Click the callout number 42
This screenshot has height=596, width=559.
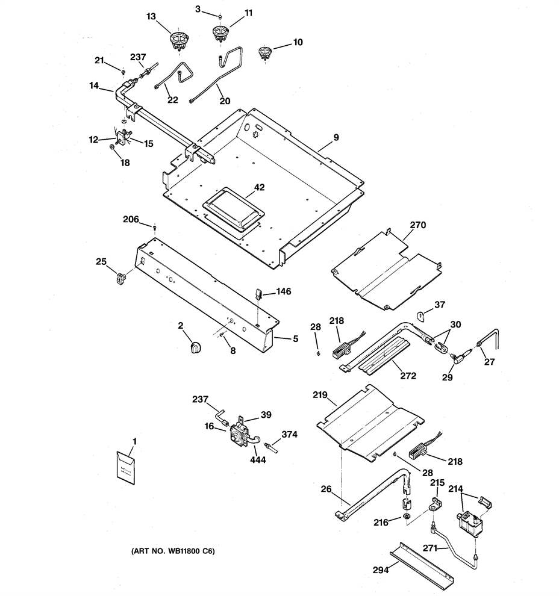click(x=260, y=187)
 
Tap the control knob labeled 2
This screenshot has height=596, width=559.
click(x=195, y=347)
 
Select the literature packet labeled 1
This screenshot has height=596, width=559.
click(x=126, y=468)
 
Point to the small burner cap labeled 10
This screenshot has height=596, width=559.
click(x=264, y=52)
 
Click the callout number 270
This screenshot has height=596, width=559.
click(x=417, y=225)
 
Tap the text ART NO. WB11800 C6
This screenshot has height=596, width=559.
click(x=173, y=551)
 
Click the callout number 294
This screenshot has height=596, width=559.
click(x=381, y=570)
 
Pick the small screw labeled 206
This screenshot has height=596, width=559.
click(x=154, y=228)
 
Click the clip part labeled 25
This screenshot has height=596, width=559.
click(x=121, y=279)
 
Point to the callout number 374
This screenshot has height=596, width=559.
click(x=289, y=435)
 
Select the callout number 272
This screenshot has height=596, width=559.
click(x=408, y=376)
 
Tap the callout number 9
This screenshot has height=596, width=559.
click(x=336, y=138)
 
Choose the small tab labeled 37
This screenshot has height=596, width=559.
click(x=421, y=315)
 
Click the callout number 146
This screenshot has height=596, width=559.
click(x=284, y=291)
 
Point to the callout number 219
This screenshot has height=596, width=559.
click(x=320, y=396)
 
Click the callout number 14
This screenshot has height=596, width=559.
click(x=95, y=85)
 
